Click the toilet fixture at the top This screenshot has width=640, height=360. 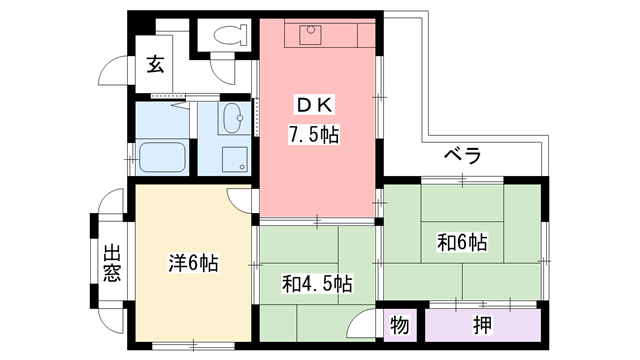231,35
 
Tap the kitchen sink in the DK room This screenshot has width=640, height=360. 310,36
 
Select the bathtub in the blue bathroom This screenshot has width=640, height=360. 163,157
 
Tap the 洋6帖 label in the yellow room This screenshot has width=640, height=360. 193,264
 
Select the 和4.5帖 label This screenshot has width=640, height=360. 316,283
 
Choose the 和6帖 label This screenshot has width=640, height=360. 462,241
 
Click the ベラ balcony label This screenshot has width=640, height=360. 462,156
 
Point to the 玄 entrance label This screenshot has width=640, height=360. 156,65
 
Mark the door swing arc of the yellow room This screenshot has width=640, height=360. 240,198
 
